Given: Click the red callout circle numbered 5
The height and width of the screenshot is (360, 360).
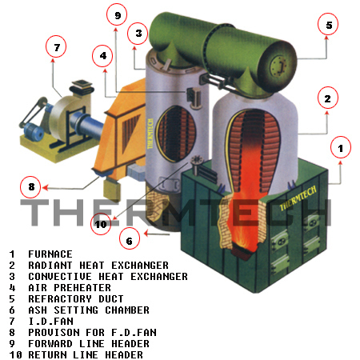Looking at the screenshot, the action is pyautogui.click(x=328, y=24).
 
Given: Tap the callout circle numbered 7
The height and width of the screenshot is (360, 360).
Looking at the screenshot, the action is pyautogui.click(x=56, y=46).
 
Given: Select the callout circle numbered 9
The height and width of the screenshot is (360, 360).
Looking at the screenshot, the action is pyautogui.click(x=117, y=14).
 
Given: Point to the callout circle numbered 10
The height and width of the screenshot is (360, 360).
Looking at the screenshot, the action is pyautogui.click(x=101, y=224).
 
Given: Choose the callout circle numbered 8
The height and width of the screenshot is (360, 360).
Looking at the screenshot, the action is pyautogui.click(x=30, y=186).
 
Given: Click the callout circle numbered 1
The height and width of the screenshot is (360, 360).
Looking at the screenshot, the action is pyautogui.click(x=341, y=147).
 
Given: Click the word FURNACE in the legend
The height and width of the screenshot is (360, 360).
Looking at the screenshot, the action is pyautogui.click(x=50, y=254).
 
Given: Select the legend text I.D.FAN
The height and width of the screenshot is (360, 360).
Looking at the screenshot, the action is pyautogui.click(x=50, y=322).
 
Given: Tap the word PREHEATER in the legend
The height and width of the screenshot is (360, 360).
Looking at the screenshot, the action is pyautogui.click(x=82, y=288).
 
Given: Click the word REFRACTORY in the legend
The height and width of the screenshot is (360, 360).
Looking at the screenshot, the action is pyautogui.click(x=60, y=299).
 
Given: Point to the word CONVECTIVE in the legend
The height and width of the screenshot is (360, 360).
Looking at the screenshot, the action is pyautogui.click(x=60, y=277).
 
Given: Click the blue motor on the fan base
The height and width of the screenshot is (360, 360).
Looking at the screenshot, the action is pyautogui.click(x=33, y=132).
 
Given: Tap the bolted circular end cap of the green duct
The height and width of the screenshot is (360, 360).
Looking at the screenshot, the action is pyautogui.click(x=278, y=65).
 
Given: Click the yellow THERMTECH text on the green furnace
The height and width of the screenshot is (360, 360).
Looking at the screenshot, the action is pyautogui.click(x=298, y=198).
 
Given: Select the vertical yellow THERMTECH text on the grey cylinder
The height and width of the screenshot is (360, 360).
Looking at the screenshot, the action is pyautogui.click(x=150, y=134).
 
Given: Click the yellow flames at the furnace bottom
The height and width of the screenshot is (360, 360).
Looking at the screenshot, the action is pyautogui.click(x=242, y=242).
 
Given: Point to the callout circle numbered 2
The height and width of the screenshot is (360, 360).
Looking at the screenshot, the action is pyautogui.click(x=328, y=98).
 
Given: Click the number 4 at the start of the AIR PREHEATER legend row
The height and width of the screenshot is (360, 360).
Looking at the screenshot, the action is pyautogui.click(x=12, y=288).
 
